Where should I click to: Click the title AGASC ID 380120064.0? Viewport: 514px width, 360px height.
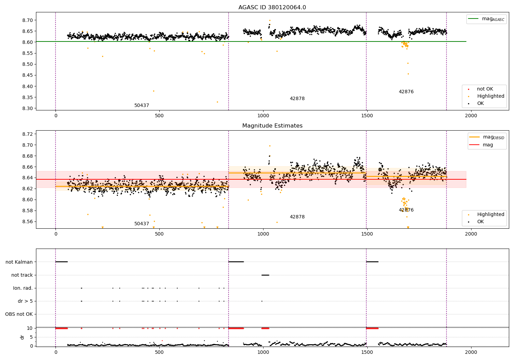272,8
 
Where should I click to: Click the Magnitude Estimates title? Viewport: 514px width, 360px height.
272,126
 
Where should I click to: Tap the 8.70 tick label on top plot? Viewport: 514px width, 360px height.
27,20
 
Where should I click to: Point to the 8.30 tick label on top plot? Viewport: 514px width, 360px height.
27,108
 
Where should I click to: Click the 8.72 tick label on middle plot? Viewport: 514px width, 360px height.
27,134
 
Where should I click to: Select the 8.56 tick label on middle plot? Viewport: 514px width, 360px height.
27,221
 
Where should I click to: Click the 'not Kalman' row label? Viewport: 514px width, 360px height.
19,262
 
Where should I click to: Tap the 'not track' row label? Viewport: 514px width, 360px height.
22,275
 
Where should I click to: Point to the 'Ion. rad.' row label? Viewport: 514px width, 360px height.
23,288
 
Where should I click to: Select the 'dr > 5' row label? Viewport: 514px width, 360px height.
25,301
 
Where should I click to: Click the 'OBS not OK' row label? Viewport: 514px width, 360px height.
19,314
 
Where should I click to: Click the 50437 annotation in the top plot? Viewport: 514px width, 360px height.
142,106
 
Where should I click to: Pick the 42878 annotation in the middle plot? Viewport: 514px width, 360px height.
297,217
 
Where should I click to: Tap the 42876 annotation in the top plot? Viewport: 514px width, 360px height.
406,92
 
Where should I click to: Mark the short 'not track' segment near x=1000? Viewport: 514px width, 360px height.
265,275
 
